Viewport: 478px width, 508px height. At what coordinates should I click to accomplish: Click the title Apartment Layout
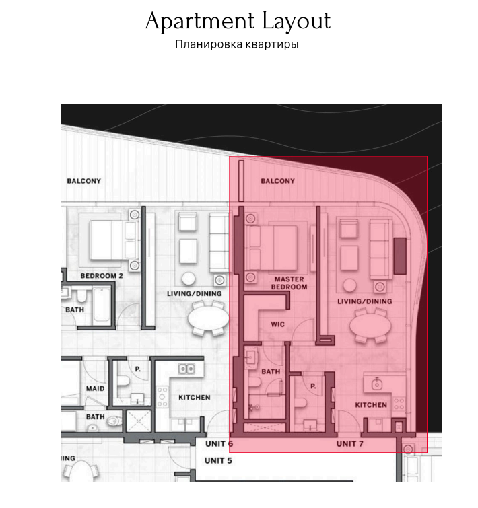coord(238,21)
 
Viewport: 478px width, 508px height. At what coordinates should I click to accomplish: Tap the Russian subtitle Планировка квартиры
coord(236,44)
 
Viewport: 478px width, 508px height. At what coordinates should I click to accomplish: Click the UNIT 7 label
coord(349,443)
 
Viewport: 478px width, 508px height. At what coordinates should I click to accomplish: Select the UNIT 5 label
coord(218,460)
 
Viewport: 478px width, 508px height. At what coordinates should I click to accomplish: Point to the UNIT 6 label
coord(219,443)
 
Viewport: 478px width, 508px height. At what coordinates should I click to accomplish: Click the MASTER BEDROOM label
coord(289,283)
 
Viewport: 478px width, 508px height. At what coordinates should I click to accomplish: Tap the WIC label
coord(278,324)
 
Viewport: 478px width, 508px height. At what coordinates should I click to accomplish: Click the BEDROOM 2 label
coord(102,276)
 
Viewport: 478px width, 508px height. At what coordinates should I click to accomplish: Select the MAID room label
coord(96,388)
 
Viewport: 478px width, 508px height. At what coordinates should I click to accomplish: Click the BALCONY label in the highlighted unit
coord(278,181)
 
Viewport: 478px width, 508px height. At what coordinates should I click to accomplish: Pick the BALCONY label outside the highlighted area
coord(84,181)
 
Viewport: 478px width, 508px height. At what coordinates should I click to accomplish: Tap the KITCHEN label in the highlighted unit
coord(371,405)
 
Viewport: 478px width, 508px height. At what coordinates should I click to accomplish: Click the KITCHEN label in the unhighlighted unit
coord(195,398)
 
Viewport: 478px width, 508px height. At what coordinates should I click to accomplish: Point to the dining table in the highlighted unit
coord(370,326)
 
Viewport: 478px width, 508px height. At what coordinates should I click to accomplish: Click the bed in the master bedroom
coord(271,248)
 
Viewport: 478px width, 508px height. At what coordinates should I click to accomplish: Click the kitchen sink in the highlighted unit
coord(376,384)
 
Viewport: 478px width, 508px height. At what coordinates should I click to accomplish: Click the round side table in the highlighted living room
coord(349,286)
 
